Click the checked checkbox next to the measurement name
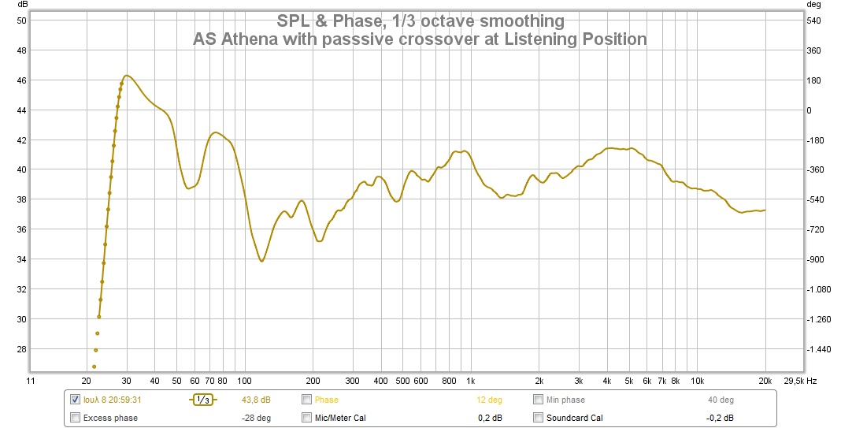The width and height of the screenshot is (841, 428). pos(75,400)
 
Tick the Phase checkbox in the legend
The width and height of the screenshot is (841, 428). pos(307,400)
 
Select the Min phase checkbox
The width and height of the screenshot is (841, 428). pos(539,400)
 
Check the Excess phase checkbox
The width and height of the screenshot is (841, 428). pos(75,418)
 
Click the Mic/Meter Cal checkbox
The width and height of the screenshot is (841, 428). pos(307,418)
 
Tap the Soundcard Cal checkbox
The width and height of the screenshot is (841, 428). pos(539,418)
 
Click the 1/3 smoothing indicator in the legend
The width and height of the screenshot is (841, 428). pos(202,400)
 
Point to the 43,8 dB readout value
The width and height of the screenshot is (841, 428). pos(256,400)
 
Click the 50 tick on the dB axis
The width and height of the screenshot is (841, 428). pos(22,20)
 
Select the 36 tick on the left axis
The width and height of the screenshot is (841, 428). pos(22,229)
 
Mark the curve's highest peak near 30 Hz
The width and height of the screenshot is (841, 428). pos(127,76)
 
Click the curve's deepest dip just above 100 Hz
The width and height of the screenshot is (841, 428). pos(261,260)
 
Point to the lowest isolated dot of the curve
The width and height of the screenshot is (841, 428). pos(94,367)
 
